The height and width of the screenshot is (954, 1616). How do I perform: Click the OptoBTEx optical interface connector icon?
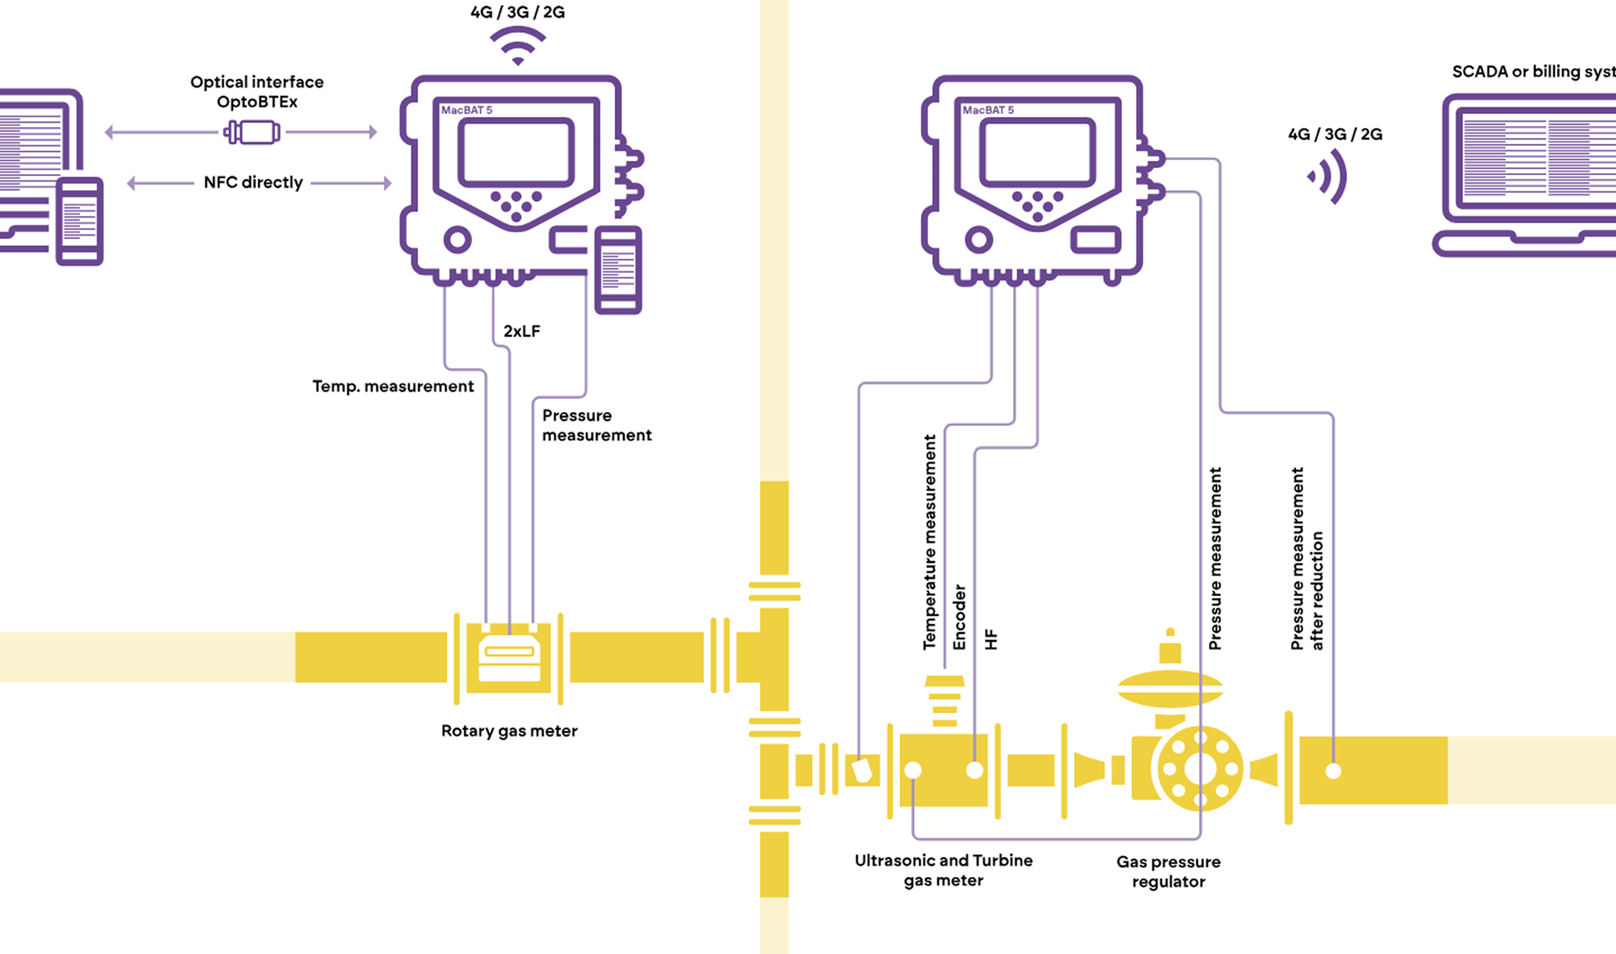pyautogui.click(x=252, y=132)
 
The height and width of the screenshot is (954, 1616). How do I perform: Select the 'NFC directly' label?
pyautogui.click(x=253, y=183)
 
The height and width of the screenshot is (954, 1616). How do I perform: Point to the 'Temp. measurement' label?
pyautogui.click(x=393, y=386)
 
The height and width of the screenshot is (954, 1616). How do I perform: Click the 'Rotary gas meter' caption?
pyautogui.click(x=509, y=731)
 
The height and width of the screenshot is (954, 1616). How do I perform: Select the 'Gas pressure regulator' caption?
pyautogui.click(x=1168, y=872)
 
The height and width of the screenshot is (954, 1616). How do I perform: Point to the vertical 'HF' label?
pyautogui.click(x=991, y=640)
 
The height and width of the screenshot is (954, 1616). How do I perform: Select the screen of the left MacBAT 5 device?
pyautogui.click(x=516, y=152)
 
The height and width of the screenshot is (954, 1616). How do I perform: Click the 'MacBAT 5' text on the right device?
pyautogui.click(x=987, y=110)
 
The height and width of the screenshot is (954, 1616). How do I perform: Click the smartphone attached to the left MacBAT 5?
pyautogui.click(x=618, y=270)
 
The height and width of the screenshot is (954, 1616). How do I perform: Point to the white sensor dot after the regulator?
pyautogui.click(x=1333, y=771)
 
